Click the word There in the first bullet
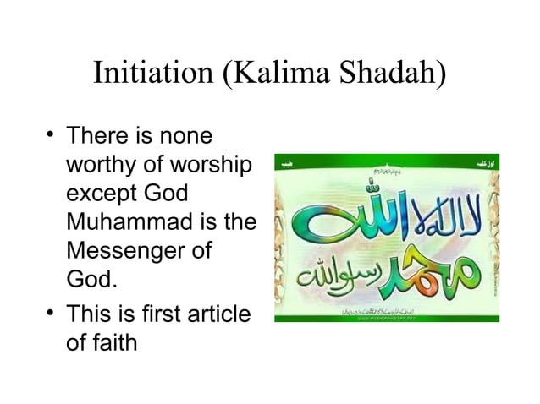[96, 135]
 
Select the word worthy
[98, 165]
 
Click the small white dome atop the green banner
[385, 157]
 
